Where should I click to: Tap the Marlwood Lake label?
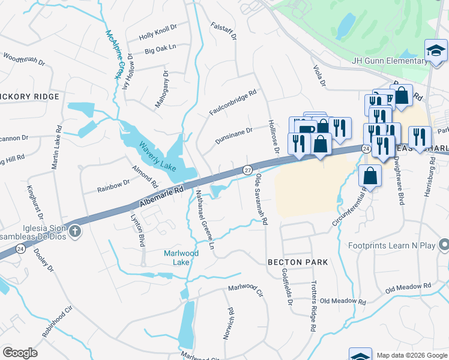point(185,257)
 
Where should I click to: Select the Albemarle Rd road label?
point(160,196)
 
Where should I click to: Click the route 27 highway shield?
point(247,170)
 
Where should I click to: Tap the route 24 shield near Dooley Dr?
point(20,248)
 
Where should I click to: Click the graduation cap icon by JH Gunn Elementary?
point(436,52)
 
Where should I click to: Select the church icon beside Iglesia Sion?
point(74,232)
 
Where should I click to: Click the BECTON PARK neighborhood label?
point(298,262)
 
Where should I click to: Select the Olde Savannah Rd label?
point(262,199)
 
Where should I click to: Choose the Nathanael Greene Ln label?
point(204,220)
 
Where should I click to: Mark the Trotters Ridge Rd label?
point(313,306)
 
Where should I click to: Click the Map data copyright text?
point(411,355)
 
